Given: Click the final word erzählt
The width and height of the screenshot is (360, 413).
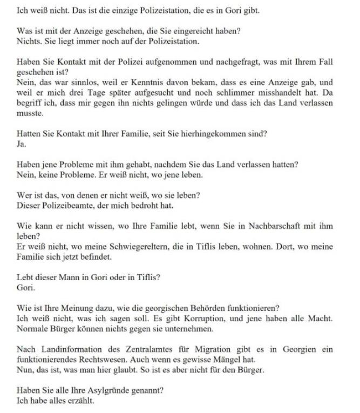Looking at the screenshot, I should (x=80, y=400).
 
